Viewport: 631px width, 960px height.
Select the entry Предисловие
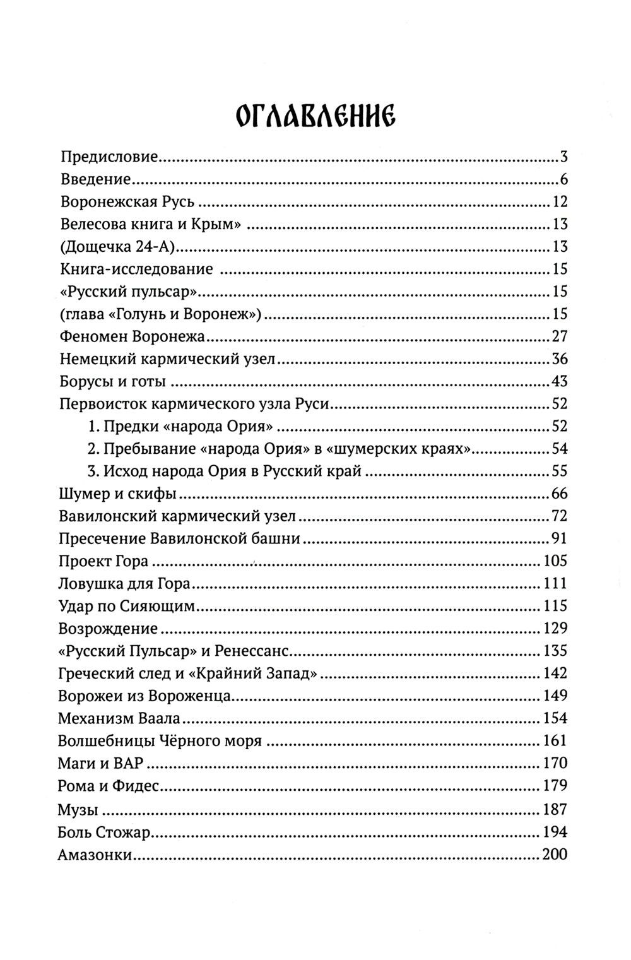pos(110,157)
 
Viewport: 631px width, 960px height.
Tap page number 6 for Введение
pos(563,180)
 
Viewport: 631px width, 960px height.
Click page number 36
pos(559,359)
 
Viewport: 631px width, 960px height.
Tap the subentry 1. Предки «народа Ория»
pos(183,426)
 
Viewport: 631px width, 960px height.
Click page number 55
pos(559,471)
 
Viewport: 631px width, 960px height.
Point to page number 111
pos(555,583)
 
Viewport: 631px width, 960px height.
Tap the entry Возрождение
pos(107,629)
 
